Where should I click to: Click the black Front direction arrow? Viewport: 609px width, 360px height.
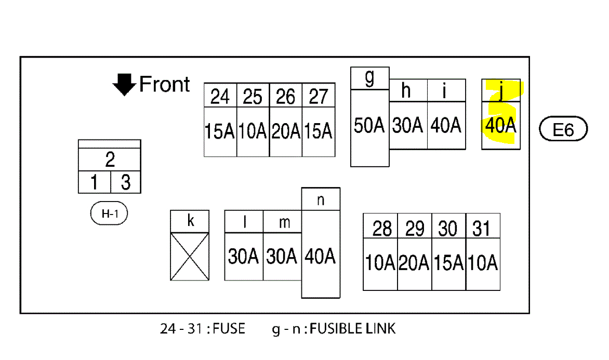tap(124, 85)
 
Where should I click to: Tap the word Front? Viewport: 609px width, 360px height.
tap(165, 84)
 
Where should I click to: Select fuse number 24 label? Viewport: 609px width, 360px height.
tap(220, 96)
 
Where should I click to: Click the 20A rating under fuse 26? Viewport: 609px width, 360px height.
tap(286, 131)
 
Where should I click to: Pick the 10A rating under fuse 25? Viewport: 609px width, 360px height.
tap(253, 131)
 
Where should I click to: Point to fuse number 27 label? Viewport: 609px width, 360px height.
tap(318, 96)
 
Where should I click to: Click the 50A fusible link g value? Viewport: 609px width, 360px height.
tap(369, 126)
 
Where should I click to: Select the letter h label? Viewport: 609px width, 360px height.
tap(406, 91)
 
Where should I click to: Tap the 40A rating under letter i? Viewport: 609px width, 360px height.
tap(446, 126)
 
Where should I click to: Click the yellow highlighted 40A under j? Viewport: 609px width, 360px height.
tap(500, 126)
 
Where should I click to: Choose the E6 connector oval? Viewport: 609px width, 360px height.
tap(563, 129)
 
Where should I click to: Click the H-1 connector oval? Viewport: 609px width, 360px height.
tap(109, 214)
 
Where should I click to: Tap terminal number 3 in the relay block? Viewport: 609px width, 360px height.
tap(126, 183)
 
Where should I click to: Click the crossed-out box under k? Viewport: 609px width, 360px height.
tap(190, 256)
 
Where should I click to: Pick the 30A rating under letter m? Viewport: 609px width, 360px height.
tap(282, 256)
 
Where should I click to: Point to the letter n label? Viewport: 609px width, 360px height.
tap(321, 200)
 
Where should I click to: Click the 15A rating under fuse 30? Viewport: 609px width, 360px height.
tap(448, 263)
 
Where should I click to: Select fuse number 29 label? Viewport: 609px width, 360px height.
tap(415, 229)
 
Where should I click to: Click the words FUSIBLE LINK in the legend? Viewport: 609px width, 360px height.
tap(352, 329)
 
